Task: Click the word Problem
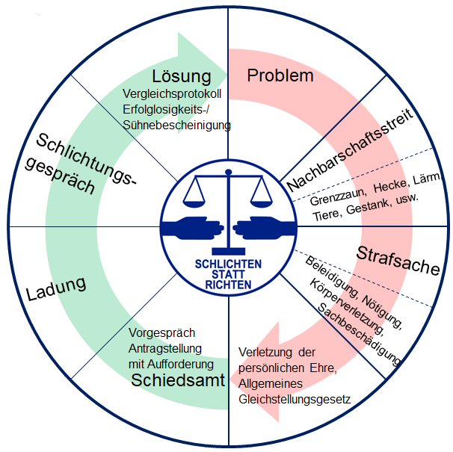click(280, 75)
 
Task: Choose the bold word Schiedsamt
click(179, 380)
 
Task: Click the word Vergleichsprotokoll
click(176, 95)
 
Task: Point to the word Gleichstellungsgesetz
click(295, 399)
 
